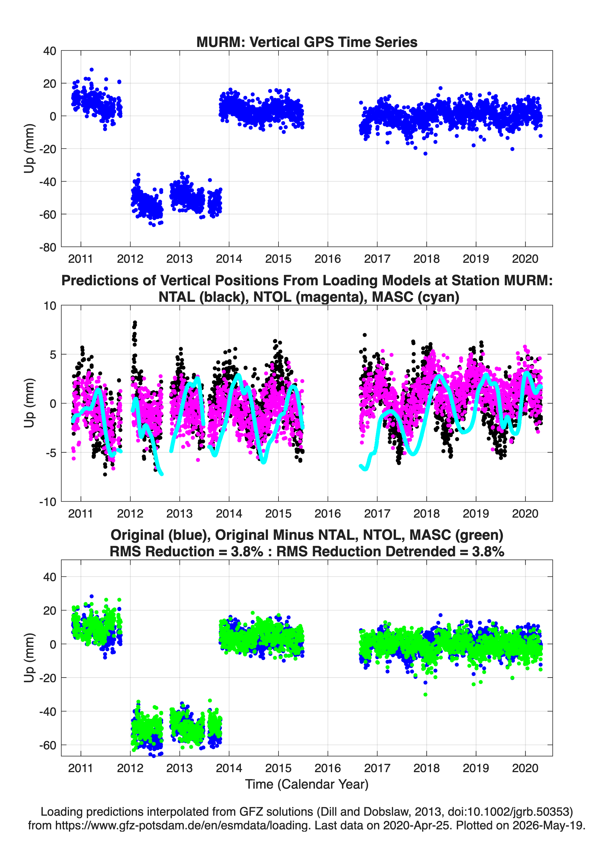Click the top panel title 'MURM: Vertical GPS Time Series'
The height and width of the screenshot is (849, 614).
point(307,42)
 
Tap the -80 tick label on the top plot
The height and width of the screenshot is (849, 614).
point(48,247)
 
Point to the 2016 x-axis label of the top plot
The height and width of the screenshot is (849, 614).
point(328,259)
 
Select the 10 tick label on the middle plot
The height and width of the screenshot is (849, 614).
point(50,306)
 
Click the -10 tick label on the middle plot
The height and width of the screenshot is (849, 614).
point(48,502)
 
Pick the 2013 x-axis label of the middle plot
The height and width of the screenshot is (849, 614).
point(180,514)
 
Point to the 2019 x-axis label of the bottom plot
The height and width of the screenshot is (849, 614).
point(476,768)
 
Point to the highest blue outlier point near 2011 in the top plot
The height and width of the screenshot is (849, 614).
point(92,70)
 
